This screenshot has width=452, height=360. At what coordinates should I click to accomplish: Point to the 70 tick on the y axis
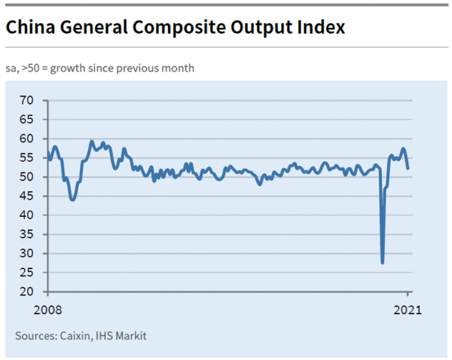point(28,100)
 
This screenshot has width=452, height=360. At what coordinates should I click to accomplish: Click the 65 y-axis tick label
point(28,119)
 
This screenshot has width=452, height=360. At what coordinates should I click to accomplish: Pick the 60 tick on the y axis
point(28,139)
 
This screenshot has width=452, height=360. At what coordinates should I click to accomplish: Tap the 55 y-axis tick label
point(28,157)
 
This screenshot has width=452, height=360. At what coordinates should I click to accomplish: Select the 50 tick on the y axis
point(28,177)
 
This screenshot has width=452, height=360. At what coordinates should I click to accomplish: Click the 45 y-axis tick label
point(28,196)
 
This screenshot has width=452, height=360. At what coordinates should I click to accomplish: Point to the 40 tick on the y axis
point(28,215)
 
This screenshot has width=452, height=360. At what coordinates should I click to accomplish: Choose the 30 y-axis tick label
point(28,254)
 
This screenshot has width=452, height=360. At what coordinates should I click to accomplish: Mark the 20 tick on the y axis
point(28,292)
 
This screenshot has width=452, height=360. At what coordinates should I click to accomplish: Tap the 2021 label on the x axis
point(408,310)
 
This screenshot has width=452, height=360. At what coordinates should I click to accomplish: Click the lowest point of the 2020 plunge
point(383,262)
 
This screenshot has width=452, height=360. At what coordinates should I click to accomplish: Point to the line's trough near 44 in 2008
point(72,200)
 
